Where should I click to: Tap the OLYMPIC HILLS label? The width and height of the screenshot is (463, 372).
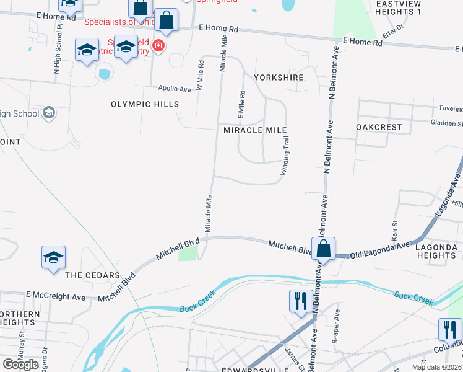(145, 104)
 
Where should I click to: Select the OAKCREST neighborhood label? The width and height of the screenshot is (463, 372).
(379, 127)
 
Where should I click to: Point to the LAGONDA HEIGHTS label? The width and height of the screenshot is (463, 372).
(436, 251)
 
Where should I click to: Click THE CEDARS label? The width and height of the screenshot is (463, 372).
(92, 275)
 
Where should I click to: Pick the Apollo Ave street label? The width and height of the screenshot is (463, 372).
(175, 89)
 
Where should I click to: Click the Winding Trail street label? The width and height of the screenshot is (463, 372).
(286, 156)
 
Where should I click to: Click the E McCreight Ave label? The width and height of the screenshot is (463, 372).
(56, 297)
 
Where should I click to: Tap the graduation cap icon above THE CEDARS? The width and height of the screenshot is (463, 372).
(53, 258)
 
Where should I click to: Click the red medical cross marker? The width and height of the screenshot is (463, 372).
(158, 46)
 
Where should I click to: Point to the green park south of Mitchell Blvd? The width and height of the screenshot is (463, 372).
(188, 254)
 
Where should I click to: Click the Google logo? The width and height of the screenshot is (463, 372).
(20, 365)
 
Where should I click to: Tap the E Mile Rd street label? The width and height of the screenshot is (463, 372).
(242, 105)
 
